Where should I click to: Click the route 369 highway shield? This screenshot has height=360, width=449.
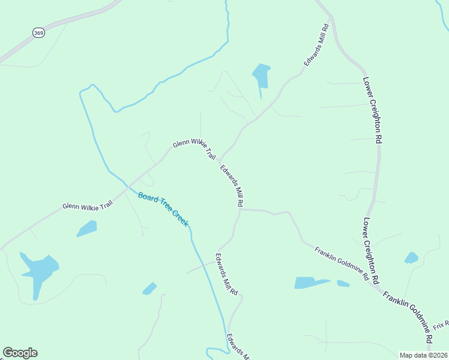(38, 33)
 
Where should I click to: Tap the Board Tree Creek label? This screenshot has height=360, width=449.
(163, 209)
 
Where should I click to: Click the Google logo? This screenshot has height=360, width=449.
(20, 353)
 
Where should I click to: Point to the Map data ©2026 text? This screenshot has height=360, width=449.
(423, 355)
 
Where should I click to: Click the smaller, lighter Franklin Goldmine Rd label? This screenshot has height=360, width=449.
(342, 263)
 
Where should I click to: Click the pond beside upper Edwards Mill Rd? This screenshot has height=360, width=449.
(261, 76)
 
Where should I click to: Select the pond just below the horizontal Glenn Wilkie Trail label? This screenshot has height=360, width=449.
(87, 229)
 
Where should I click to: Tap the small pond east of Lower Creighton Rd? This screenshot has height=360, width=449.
(411, 258)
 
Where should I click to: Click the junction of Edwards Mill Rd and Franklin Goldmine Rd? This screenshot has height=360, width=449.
(241, 209)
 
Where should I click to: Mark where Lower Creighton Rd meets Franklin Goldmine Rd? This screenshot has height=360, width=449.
(379, 289)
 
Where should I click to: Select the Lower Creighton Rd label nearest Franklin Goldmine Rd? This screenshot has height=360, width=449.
(371, 250)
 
